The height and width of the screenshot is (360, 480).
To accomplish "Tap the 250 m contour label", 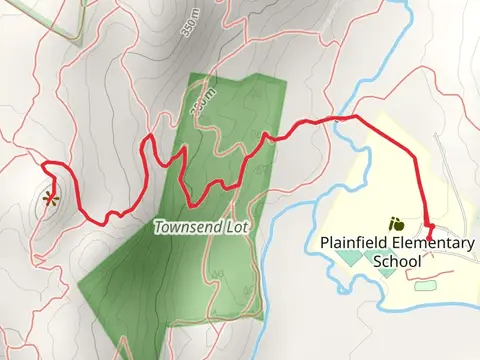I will pos(203,99).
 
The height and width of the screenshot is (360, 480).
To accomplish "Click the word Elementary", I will pos(428,243).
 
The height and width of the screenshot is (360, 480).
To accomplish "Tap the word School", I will pos(397,262).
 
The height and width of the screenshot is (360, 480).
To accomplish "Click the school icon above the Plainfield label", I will pos(396,223).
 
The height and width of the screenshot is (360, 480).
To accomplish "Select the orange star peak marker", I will pos(50,198).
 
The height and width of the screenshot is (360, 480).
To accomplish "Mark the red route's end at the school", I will pos(431,238).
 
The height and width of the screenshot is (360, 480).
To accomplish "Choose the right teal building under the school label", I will pos(386,272).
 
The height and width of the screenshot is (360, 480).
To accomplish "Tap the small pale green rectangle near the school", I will pos(425,286).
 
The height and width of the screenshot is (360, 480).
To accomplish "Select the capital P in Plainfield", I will pos(325,243).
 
